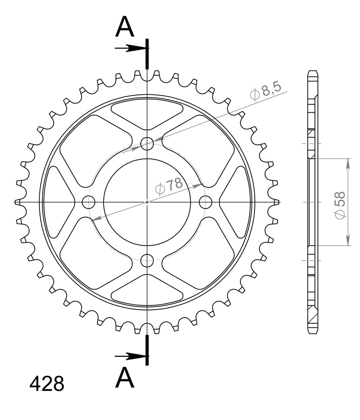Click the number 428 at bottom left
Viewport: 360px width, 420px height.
point(47,384)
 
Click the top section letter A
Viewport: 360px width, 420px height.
point(125,27)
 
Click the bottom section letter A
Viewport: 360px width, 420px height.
point(125,378)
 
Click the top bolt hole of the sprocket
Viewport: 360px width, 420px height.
point(147,144)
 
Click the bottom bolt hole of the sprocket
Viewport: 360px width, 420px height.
point(147,261)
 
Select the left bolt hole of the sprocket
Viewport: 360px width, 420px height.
point(88,202)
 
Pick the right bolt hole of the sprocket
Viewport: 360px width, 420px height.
point(206,202)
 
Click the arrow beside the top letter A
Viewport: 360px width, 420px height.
point(131,48)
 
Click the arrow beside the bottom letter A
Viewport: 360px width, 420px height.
point(131,356)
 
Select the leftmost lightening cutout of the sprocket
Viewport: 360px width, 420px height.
point(59,202)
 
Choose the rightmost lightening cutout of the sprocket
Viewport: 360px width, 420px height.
point(235,202)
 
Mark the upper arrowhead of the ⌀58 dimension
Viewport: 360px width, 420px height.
point(348,163)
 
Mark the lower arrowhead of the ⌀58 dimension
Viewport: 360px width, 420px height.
point(348,241)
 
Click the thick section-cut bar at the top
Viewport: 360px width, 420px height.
point(147,53)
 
